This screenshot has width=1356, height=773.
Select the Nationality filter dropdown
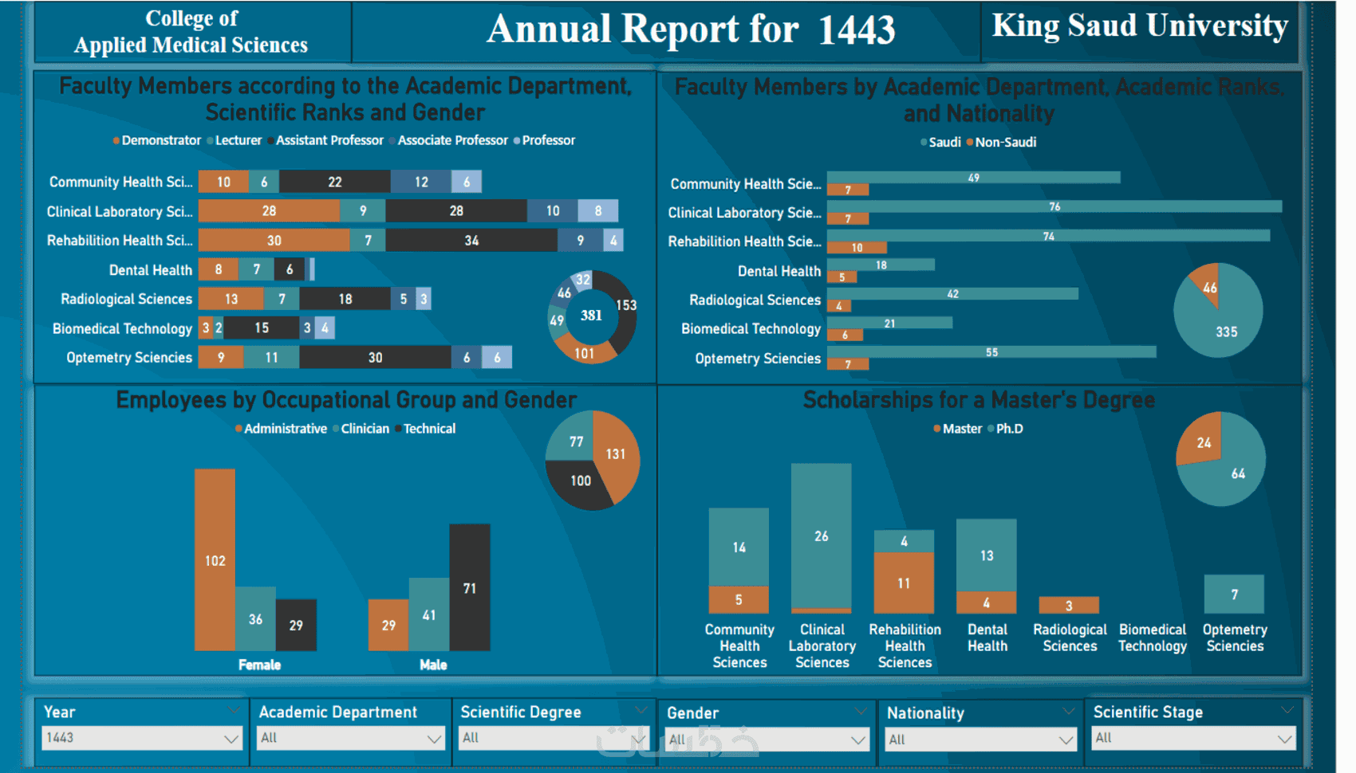pos(980,740)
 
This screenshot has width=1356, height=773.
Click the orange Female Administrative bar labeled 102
pos(215,559)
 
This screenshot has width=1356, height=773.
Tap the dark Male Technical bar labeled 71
pos(469,587)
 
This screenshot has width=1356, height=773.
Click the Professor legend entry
pos(548,140)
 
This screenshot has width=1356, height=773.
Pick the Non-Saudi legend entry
pos(1005,143)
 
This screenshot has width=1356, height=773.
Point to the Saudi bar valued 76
pos(1054,206)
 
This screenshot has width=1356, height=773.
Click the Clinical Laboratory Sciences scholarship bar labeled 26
pos(821,536)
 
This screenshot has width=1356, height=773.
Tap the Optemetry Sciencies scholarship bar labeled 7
pos(1234,594)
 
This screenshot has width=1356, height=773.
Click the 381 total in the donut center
pos(591,316)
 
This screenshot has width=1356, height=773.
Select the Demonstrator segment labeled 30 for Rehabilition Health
pos(274,241)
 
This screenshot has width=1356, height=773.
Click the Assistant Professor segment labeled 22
pos(334,182)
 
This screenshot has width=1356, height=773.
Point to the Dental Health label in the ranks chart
pos(150,270)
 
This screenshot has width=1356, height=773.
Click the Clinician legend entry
pos(365,429)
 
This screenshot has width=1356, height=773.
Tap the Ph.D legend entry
pos(1009,429)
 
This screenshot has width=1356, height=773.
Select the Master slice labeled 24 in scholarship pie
pos(1203,442)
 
